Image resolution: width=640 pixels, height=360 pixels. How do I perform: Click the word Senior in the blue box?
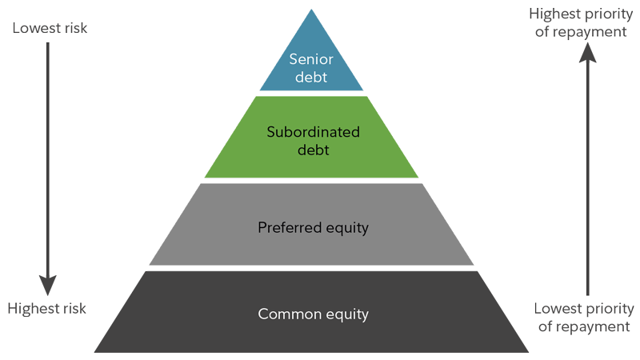click(311, 60)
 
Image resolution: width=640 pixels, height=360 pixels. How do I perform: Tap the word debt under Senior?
click(311, 78)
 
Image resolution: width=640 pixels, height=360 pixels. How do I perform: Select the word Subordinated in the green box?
click(313, 132)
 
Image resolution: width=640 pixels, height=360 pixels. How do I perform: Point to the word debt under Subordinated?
click(313, 150)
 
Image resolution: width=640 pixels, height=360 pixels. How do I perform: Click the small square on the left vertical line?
click(48, 284)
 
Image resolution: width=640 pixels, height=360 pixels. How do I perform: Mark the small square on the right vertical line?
click(588, 54)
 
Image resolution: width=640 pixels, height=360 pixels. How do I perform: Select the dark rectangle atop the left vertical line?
click(50, 28)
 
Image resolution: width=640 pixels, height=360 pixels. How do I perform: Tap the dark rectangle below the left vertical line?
click(47, 310)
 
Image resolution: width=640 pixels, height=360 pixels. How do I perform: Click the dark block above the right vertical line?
click(570, 23)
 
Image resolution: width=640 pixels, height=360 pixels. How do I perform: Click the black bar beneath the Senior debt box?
click(311, 93)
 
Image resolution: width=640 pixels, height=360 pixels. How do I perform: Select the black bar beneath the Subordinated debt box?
click(311, 180)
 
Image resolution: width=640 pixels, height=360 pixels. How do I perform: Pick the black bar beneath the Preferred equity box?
click(312, 268)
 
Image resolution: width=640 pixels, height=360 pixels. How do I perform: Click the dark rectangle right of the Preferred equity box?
click(483, 239)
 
